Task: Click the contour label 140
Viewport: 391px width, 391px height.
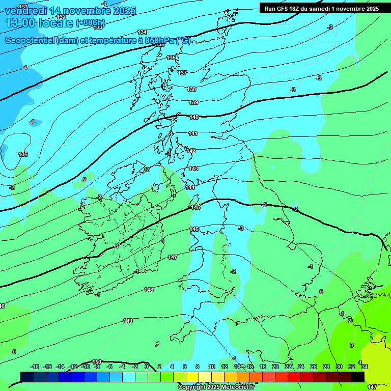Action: pos(194,118)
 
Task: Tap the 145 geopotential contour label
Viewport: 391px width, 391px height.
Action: pos(195,207)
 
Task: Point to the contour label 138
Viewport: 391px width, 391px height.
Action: pos(191,89)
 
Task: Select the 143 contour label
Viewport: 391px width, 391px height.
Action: pos(193,169)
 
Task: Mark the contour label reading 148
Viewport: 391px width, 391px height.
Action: pos(149,290)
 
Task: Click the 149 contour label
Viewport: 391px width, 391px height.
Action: pos(128,321)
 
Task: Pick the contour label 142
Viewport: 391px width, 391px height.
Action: pos(191,151)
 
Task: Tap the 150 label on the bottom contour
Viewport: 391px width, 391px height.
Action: pos(97,362)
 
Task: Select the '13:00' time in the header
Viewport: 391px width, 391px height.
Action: pos(20,23)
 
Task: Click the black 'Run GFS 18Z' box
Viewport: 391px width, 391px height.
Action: pos(321,8)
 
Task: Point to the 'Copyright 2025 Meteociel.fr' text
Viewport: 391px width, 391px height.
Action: pos(216,387)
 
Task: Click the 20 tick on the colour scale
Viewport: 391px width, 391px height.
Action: pos(275,367)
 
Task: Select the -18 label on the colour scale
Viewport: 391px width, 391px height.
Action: pos(35,367)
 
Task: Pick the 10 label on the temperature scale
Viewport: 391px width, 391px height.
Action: pos(211,367)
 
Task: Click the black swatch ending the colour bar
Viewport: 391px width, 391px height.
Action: pos(357,377)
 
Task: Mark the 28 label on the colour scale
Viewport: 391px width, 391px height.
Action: pos(326,367)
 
